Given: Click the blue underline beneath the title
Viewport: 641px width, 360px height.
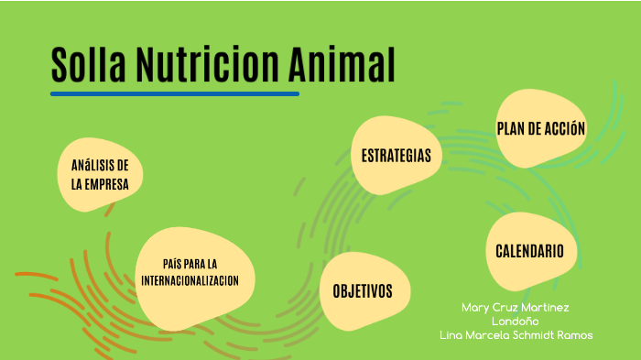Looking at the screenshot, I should click(x=174, y=93).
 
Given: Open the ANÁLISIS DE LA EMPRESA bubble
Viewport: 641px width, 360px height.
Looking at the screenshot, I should click(x=100, y=174).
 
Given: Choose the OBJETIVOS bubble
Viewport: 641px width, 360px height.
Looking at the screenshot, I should click(x=362, y=291).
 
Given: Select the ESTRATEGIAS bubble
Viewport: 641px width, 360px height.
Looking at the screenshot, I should click(x=396, y=155).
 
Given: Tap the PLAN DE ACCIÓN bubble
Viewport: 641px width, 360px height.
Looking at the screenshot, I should click(x=540, y=129).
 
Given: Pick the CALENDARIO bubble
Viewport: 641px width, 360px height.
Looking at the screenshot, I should click(x=536, y=251).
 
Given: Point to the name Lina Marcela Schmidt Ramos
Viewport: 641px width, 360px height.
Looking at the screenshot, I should click(x=516, y=335).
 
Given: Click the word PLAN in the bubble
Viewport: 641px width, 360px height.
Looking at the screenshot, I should click(x=511, y=129).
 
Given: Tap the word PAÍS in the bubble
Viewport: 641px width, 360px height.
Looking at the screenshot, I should click(x=174, y=264).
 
